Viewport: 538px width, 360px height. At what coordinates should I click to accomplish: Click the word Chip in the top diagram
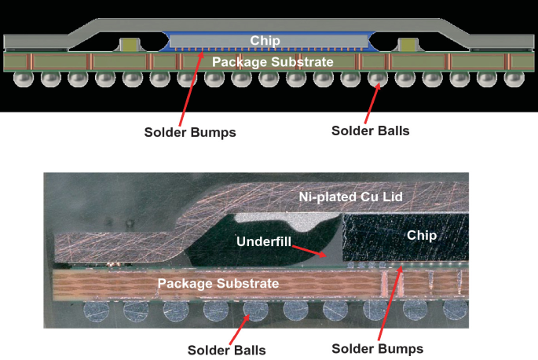click(265, 41)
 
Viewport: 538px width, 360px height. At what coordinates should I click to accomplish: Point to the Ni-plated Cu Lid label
click(350, 198)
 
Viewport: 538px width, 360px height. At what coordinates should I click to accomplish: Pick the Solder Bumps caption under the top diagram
click(190, 132)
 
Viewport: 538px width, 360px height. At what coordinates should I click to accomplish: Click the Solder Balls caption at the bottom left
click(226, 349)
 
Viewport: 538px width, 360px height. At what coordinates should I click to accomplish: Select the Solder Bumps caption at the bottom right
click(377, 348)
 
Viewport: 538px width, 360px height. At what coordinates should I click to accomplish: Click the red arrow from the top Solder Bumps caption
click(193, 86)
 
